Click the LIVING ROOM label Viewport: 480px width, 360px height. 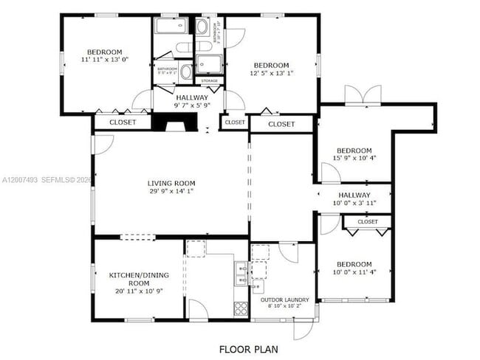(x=171, y=184)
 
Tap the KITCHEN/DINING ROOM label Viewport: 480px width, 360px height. (x=129, y=279)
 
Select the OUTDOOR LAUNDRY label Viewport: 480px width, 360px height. (x=284, y=300)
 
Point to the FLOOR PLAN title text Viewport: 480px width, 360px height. (x=249, y=348)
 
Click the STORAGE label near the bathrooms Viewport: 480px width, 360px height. (x=208, y=80)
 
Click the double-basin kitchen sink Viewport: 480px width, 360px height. (x=241, y=274)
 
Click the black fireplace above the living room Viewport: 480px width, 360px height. (x=174, y=125)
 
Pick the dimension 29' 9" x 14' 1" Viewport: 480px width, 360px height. (x=171, y=193)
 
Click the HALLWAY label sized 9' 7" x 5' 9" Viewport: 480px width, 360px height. (x=191, y=101)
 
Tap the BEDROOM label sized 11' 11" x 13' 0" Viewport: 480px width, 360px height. (x=103, y=55)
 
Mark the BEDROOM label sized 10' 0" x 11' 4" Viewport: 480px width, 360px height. (x=354, y=268)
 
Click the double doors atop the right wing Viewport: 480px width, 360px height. (x=363, y=95)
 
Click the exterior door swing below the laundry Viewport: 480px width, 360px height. (x=304, y=330)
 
